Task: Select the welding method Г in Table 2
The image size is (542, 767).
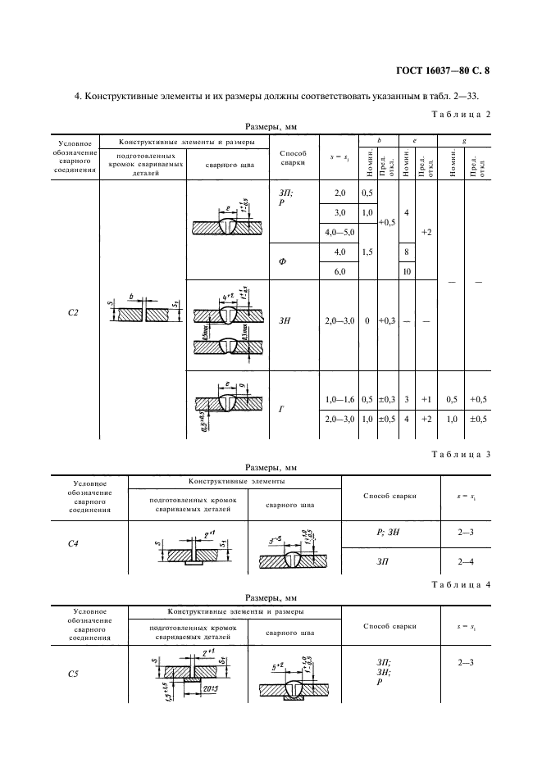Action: (282, 409)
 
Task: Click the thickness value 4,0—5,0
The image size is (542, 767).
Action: (340, 233)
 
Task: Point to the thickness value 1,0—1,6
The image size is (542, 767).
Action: (340, 399)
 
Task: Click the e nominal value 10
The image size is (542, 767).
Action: (406, 271)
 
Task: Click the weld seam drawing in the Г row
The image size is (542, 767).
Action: (228, 402)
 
